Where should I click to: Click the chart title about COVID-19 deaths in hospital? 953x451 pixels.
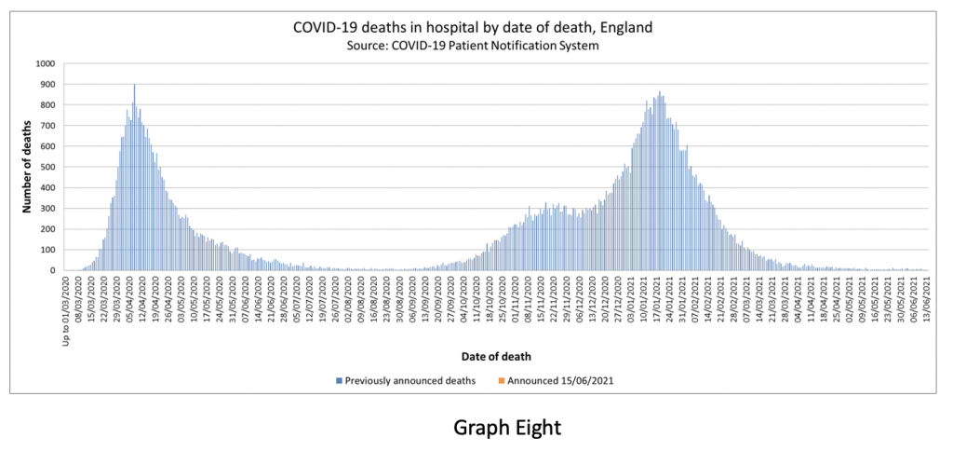(473, 27)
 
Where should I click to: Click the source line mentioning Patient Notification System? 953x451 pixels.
(473, 45)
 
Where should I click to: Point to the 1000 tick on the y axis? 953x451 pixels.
(47, 64)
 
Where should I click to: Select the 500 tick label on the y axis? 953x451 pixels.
(49, 167)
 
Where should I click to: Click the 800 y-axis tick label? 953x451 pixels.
(49, 105)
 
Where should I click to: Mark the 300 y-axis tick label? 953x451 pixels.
(49, 209)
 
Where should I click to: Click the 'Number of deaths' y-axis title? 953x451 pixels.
(28, 168)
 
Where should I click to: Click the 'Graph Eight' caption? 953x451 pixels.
(507, 427)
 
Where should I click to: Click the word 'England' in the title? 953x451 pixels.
(625, 27)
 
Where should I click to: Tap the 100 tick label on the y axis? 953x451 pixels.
(49, 250)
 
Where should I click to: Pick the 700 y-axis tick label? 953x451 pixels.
(49, 126)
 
